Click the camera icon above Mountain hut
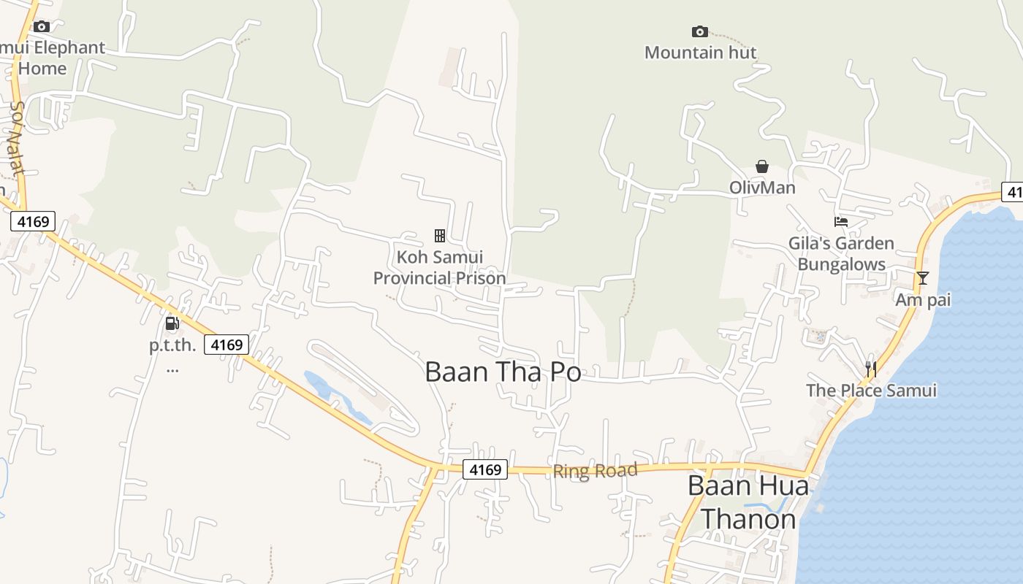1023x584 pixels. tap(699, 31)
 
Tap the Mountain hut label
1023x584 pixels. tap(700, 53)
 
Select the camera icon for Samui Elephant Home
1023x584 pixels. tap(42, 27)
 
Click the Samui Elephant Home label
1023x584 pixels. tap(51, 58)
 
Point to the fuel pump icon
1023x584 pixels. tap(172, 323)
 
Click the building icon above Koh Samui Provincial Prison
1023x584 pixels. tap(440, 235)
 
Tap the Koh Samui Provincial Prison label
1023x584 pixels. tap(439, 268)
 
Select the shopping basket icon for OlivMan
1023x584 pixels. tap(762, 166)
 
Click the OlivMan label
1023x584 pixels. tap(762, 188)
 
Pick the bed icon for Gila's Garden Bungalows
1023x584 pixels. tap(841, 222)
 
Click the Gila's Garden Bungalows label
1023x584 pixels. tap(841, 253)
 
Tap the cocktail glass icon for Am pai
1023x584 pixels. tap(923, 278)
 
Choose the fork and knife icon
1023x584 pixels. tap(870, 369)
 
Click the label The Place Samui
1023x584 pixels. tap(871, 391)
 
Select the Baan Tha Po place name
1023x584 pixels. tap(503, 372)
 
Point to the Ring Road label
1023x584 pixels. tap(595, 471)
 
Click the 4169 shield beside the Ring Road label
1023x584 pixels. tap(485, 469)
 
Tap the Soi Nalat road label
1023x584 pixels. tap(16, 139)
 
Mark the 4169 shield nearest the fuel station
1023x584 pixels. tap(227, 345)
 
